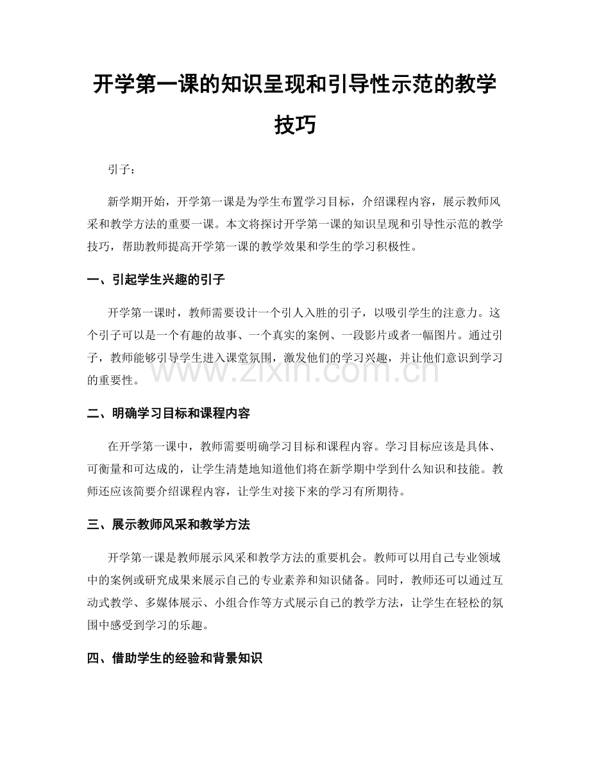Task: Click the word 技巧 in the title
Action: tap(294, 124)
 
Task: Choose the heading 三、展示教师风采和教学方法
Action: tap(168, 525)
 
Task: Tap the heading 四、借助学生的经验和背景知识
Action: tap(174, 659)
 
